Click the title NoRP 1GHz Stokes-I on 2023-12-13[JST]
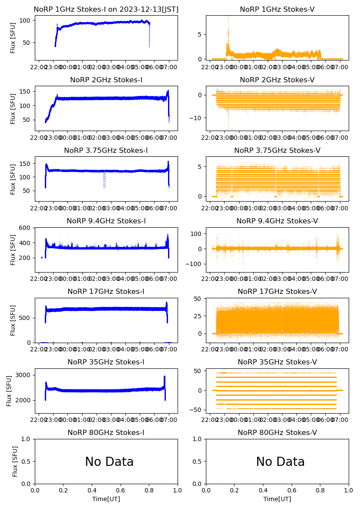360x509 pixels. [106, 9]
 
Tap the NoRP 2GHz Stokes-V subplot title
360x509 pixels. [277, 80]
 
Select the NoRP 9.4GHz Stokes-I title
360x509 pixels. [106, 221]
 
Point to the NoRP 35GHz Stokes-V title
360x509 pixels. [277, 362]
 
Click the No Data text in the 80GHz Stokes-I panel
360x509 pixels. [109, 462]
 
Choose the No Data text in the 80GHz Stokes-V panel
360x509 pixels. [280, 462]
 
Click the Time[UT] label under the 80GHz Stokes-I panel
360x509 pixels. [106, 499]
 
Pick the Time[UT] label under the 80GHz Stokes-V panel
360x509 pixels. [277, 499]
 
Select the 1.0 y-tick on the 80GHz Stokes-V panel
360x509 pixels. [200, 439]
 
